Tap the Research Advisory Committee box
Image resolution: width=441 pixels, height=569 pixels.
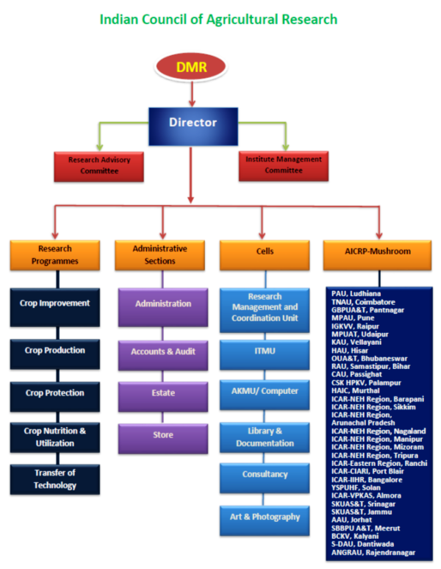click(97, 165)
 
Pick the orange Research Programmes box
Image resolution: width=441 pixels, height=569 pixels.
click(54, 255)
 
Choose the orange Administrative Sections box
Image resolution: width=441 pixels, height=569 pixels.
click(159, 255)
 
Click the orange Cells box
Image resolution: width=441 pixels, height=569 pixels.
click(265, 251)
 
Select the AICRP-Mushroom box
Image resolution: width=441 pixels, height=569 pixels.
click(378, 251)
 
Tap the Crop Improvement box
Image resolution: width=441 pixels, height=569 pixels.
click(55, 303)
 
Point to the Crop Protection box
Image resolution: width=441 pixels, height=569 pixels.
click(55, 393)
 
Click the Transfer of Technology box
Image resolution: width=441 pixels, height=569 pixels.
click(55, 479)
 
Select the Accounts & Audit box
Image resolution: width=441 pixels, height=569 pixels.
click(162, 351)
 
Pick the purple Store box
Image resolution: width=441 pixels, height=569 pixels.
click(162, 434)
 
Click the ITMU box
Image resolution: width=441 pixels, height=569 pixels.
click(265, 351)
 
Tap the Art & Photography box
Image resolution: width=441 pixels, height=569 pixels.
click(265, 517)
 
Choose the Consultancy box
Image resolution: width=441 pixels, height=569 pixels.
click(265, 474)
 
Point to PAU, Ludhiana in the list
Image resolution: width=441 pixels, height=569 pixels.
click(357, 294)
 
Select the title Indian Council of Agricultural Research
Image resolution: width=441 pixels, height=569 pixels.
click(218, 19)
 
